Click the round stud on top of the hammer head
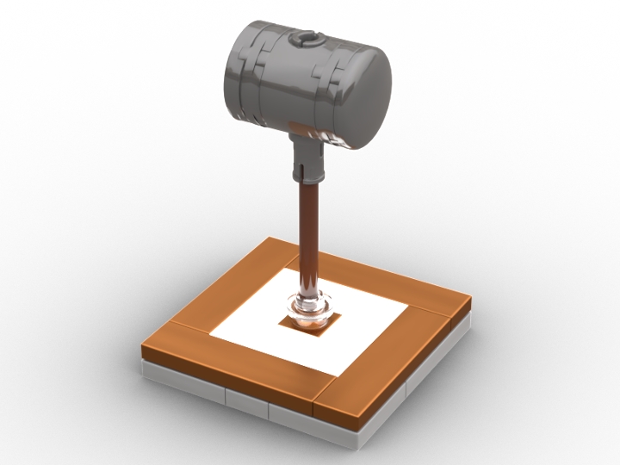point(307,39)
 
